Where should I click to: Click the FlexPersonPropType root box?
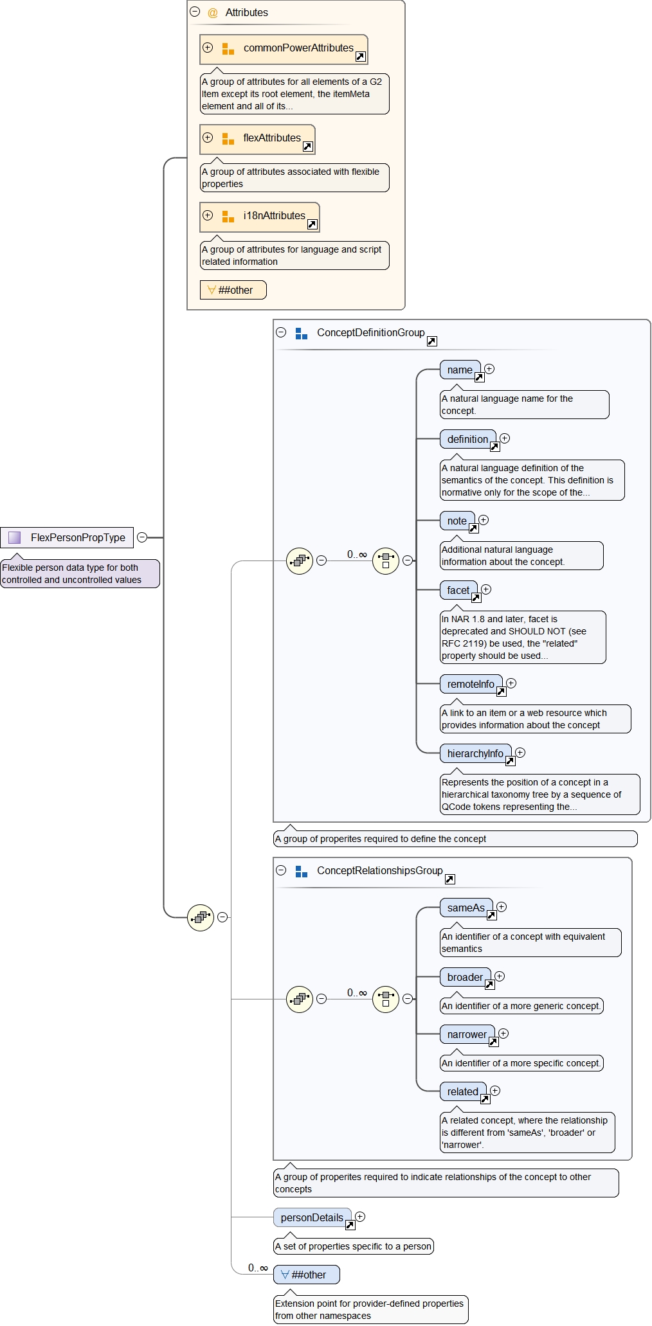pyautogui.click(x=68, y=537)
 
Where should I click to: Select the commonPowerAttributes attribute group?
pyautogui.click(x=284, y=49)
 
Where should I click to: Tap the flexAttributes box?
pyautogui.click(x=257, y=139)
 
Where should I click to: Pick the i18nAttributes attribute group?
pyautogui.click(x=260, y=217)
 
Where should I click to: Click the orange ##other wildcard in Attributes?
pyautogui.click(x=233, y=290)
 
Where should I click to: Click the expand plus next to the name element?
pyautogui.click(x=489, y=369)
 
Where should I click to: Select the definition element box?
pyautogui.click(x=467, y=439)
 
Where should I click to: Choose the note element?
pyautogui.click(x=457, y=521)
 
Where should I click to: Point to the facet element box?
pyautogui.click(x=458, y=590)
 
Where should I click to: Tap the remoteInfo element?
pyautogui.click(x=471, y=684)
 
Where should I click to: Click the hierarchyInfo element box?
pyautogui.click(x=475, y=753)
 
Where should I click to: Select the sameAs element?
pyautogui.click(x=466, y=908)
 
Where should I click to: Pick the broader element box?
pyautogui.click(x=465, y=977)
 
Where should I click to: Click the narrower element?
pyautogui.click(x=467, y=1034)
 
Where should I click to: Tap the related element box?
pyautogui.click(x=462, y=1091)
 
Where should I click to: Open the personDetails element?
pyautogui.click(x=312, y=1217)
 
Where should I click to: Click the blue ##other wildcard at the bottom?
pyautogui.click(x=307, y=1275)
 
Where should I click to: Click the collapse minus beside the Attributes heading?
pyautogui.click(x=195, y=12)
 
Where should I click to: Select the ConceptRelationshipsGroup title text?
pyautogui.click(x=379, y=870)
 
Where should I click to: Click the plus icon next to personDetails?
pyautogui.click(x=360, y=1216)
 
